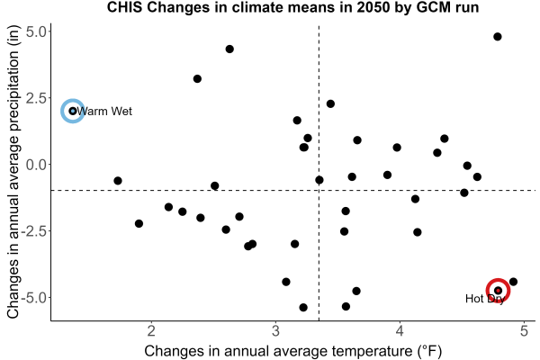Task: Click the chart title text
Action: coord(292,7)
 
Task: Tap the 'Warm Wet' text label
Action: coord(104,112)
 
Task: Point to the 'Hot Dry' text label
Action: coord(485,299)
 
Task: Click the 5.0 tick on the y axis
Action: coord(36,31)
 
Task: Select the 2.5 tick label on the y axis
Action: coord(36,98)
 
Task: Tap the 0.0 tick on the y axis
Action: coord(36,165)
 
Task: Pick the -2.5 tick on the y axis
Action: coord(34,231)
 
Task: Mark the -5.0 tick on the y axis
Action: coord(34,298)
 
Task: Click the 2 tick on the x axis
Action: coord(151,331)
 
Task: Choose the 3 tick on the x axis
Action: coord(275,331)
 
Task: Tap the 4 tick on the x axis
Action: coord(400,331)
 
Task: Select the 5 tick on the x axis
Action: coord(524,331)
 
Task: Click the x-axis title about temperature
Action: coord(292,351)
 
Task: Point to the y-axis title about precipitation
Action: coord(13,172)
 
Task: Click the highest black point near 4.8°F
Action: coord(498,37)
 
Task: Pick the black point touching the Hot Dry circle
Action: coord(513,282)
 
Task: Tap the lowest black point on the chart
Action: coord(303,307)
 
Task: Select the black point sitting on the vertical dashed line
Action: coord(319,180)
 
